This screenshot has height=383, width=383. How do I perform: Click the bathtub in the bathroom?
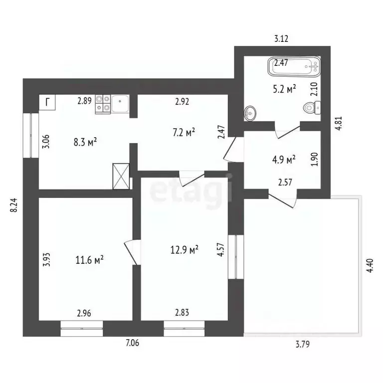coord(294,66)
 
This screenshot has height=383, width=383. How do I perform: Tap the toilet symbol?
coord(312,108)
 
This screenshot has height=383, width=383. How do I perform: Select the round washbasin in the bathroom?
coord(250,113)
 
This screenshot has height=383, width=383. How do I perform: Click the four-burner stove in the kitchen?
coord(103,104)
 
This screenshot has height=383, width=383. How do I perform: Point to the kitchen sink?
coord(120,104)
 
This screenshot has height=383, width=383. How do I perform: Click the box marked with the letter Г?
coord(47,102)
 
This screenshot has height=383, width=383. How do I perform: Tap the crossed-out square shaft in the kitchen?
coord(121,176)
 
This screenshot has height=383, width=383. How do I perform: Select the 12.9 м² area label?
coord(185,250)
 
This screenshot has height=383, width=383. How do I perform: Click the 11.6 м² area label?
coord(90,260)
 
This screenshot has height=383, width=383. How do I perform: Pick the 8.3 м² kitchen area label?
coord(85,142)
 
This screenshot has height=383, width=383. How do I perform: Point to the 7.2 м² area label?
coord(184,133)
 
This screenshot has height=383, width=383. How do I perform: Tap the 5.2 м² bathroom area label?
coord(285,89)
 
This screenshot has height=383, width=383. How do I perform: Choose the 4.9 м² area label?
coord(284,160)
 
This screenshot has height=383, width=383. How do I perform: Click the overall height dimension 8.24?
coord(14,204)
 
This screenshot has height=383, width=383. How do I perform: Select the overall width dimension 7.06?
coord(132,343)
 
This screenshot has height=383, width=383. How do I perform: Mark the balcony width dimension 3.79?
coord(303,344)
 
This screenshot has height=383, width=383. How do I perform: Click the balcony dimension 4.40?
coord(370,265)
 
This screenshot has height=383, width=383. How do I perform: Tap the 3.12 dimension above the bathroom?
coord(281,38)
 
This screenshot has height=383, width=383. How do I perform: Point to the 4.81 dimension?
coord(339,123)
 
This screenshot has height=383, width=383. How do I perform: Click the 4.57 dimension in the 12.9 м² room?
coord(221,249)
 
